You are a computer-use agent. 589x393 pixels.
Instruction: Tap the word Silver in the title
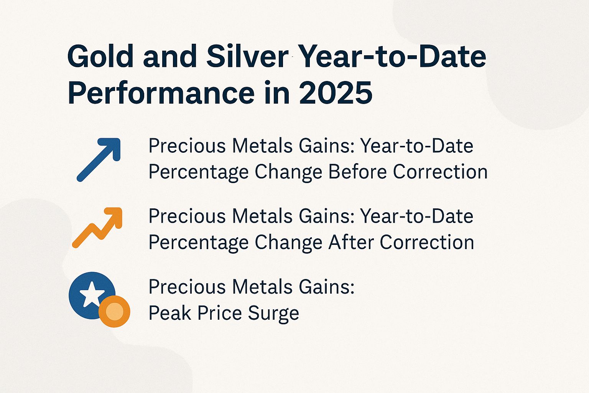[247, 56]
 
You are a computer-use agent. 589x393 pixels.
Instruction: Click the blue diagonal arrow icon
[99, 159]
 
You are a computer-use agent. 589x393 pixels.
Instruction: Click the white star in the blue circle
[92, 294]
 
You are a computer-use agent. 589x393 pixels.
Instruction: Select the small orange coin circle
[114, 311]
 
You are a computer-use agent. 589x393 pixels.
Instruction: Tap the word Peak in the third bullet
[170, 313]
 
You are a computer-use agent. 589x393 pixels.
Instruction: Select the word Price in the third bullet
[219, 313]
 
